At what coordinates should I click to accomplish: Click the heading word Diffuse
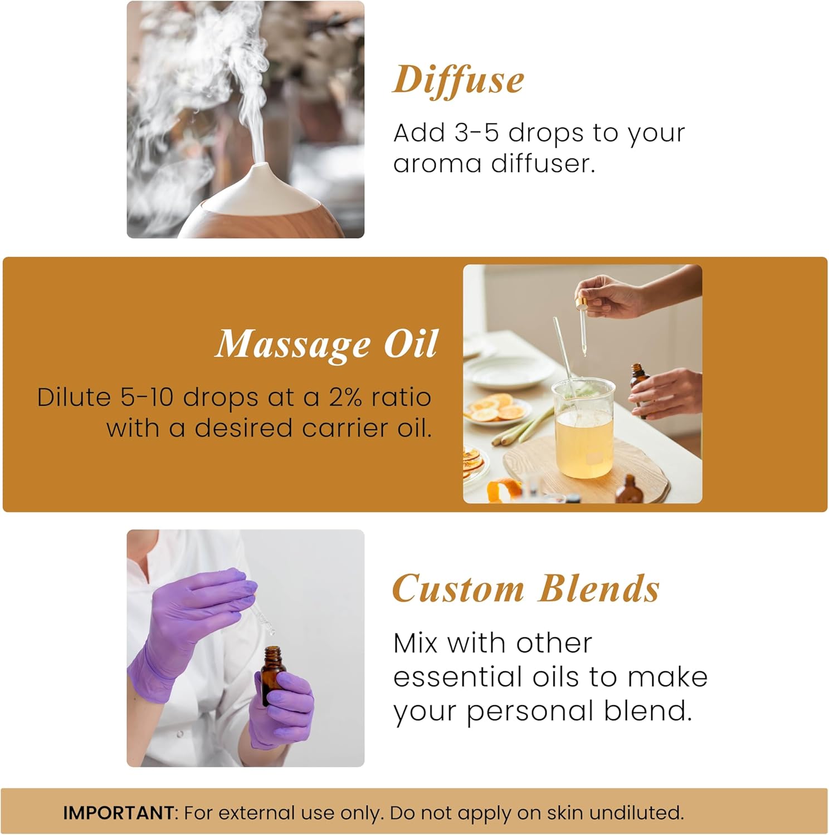tap(459, 80)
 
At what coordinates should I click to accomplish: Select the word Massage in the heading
tap(293, 345)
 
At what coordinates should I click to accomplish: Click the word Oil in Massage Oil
tap(411, 343)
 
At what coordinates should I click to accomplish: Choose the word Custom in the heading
tap(459, 588)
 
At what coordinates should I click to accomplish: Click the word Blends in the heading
tap(599, 588)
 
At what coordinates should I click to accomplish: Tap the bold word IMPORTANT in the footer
tap(119, 813)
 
